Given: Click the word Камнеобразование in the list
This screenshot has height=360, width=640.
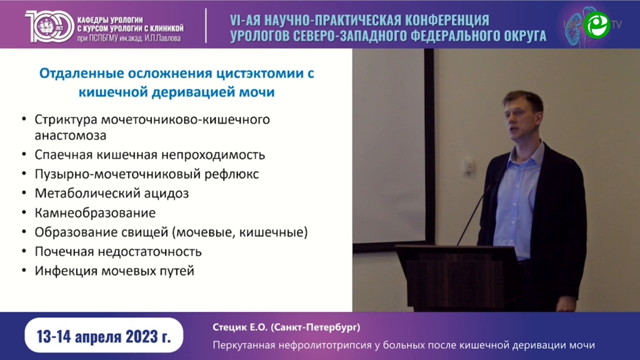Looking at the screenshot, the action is click(x=95, y=213).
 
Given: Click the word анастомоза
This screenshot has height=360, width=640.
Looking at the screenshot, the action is click(x=70, y=136).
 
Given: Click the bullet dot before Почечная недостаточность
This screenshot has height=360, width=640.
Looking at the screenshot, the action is click(x=24, y=251).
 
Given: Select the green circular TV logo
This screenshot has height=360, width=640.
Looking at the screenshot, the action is click(x=597, y=24).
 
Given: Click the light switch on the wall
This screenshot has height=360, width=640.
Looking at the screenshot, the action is click(x=469, y=166).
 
